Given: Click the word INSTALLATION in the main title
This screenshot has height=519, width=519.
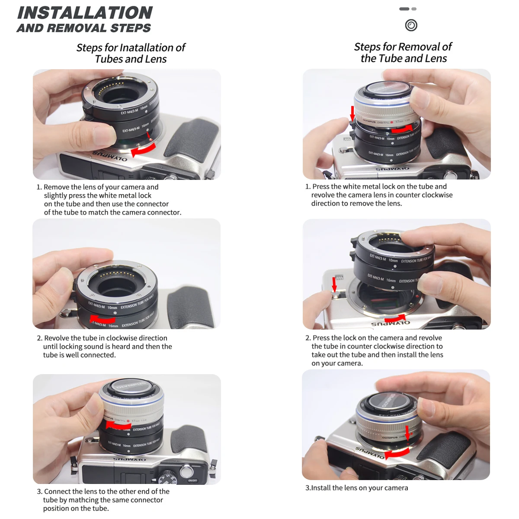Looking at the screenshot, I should pyautogui.click(x=85, y=13).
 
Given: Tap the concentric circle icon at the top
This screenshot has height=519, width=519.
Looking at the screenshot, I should pyautogui.click(x=411, y=25).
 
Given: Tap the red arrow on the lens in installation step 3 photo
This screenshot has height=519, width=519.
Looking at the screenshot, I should pyautogui.click(x=119, y=425).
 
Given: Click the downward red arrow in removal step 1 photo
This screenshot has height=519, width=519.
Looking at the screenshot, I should pyautogui.click(x=352, y=113).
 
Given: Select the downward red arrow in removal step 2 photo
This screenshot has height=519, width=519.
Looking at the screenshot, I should pyautogui.click(x=334, y=284).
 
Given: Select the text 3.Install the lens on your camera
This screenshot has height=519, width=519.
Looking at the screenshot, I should pyautogui.click(x=356, y=488).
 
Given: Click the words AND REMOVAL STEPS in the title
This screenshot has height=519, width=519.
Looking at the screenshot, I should pyautogui.click(x=84, y=29).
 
